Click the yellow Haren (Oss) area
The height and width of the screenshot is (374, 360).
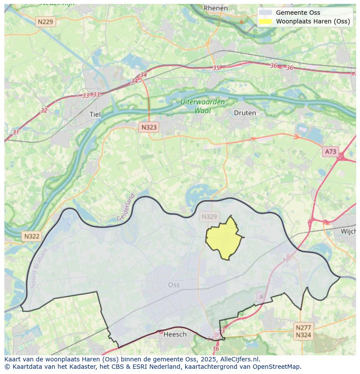(x=223, y=239)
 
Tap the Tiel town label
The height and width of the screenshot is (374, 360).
(x=94, y=114)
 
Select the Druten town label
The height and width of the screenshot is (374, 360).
(x=245, y=113)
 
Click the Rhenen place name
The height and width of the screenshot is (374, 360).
(x=216, y=8)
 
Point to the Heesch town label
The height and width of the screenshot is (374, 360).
(x=175, y=334)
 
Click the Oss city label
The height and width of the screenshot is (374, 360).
(x=173, y=285)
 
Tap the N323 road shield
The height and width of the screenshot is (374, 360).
(x=149, y=127)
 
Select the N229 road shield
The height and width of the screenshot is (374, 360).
(x=46, y=21)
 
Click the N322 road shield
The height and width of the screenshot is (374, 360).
(x=32, y=236)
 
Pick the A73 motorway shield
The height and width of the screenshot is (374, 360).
(x=330, y=151)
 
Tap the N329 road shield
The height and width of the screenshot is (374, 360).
(x=209, y=216)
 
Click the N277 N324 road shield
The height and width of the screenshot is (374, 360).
(x=303, y=331)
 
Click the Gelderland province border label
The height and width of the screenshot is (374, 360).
(x=126, y=208)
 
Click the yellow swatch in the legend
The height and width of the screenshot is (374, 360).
(x=265, y=21)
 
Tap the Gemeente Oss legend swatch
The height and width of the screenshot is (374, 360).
(x=265, y=13)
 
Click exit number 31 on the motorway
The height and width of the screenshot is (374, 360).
(x=16, y=132)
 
